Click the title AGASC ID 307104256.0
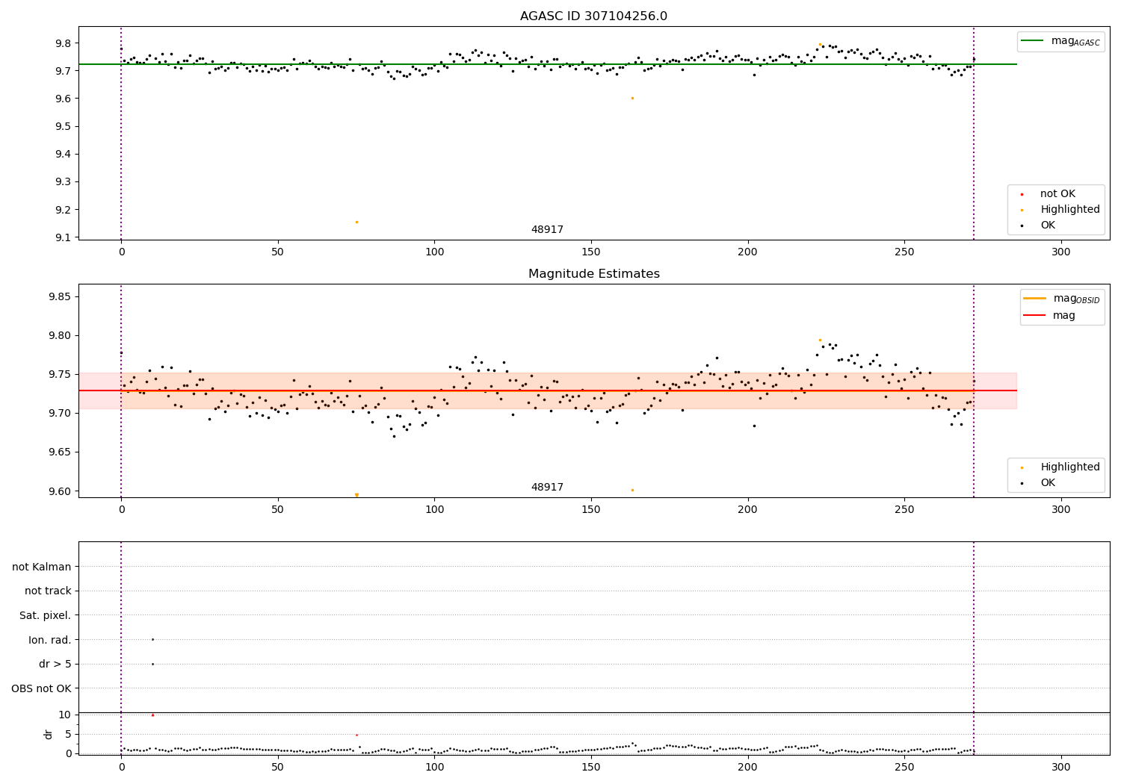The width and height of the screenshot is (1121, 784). [x=593, y=16]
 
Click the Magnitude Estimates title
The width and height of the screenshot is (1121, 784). [x=593, y=274]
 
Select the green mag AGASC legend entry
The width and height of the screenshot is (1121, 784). [x=1060, y=42]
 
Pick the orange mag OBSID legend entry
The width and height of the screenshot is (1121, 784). [x=1061, y=299]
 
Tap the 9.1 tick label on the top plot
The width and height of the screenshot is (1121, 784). [x=63, y=237]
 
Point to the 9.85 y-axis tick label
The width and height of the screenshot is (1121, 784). [x=60, y=296]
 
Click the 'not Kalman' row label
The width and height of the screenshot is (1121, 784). [x=42, y=567]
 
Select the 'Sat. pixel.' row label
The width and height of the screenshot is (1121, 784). [x=45, y=615]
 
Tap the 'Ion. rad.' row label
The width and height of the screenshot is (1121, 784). [x=49, y=640]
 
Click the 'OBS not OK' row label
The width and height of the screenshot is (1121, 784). [x=41, y=688]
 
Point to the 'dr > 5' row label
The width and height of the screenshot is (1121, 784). [x=55, y=664]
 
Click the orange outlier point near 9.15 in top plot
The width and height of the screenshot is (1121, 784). [x=356, y=222]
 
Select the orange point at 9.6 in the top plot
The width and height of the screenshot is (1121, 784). [x=632, y=98]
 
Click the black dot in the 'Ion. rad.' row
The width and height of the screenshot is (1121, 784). [x=152, y=639]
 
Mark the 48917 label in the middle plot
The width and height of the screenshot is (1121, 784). [x=547, y=487]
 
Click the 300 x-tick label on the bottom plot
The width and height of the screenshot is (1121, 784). [x=1060, y=767]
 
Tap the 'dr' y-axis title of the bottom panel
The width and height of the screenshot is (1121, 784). [x=49, y=734]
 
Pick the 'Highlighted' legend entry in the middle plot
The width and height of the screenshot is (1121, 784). [x=1069, y=467]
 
